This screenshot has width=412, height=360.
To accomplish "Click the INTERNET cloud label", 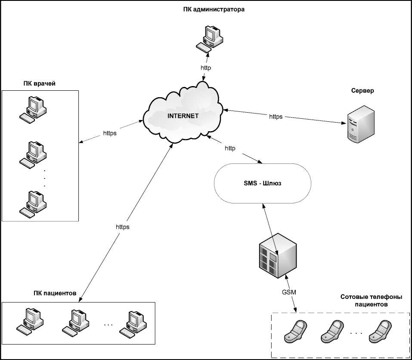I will (x=183, y=116).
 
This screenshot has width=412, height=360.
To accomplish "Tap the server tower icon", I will (x=358, y=124).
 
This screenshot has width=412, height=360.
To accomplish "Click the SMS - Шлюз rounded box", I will (x=262, y=183).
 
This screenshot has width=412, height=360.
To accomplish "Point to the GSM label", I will (x=289, y=292).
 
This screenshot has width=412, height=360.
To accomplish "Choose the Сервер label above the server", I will (x=362, y=91).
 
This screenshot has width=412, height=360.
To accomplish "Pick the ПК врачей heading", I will (x=40, y=83).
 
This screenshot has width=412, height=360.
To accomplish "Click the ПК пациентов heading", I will (x=55, y=293).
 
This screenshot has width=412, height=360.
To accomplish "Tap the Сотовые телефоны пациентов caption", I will (x=371, y=300).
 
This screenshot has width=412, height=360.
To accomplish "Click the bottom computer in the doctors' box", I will (x=33, y=202).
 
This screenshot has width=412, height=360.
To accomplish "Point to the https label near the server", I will (x=276, y=117).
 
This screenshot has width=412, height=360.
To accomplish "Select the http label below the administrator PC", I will (x=206, y=68).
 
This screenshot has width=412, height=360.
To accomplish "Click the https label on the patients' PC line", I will (x=122, y=226).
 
